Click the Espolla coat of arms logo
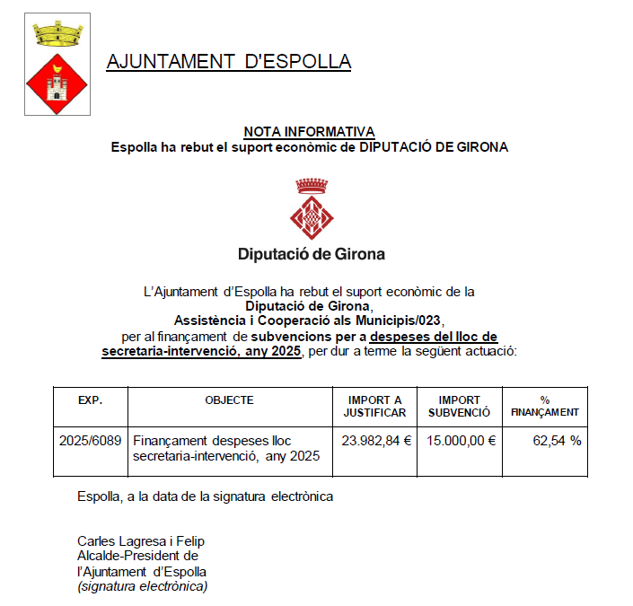click(x=57, y=64)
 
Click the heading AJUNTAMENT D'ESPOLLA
click(x=228, y=62)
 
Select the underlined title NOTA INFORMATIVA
click(x=309, y=132)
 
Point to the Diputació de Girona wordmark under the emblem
click(x=312, y=254)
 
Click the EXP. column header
click(x=91, y=400)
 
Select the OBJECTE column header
click(x=229, y=400)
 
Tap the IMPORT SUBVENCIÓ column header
click(x=459, y=407)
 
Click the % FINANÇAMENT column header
click(x=544, y=407)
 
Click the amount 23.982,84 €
click(x=376, y=441)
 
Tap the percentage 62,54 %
click(x=557, y=441)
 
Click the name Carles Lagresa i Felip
click(x=142, y=541)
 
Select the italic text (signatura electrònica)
click(x=143, y=586)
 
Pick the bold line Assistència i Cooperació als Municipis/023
click(x=309, y=321)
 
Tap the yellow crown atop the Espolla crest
click(x=57, y=33)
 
